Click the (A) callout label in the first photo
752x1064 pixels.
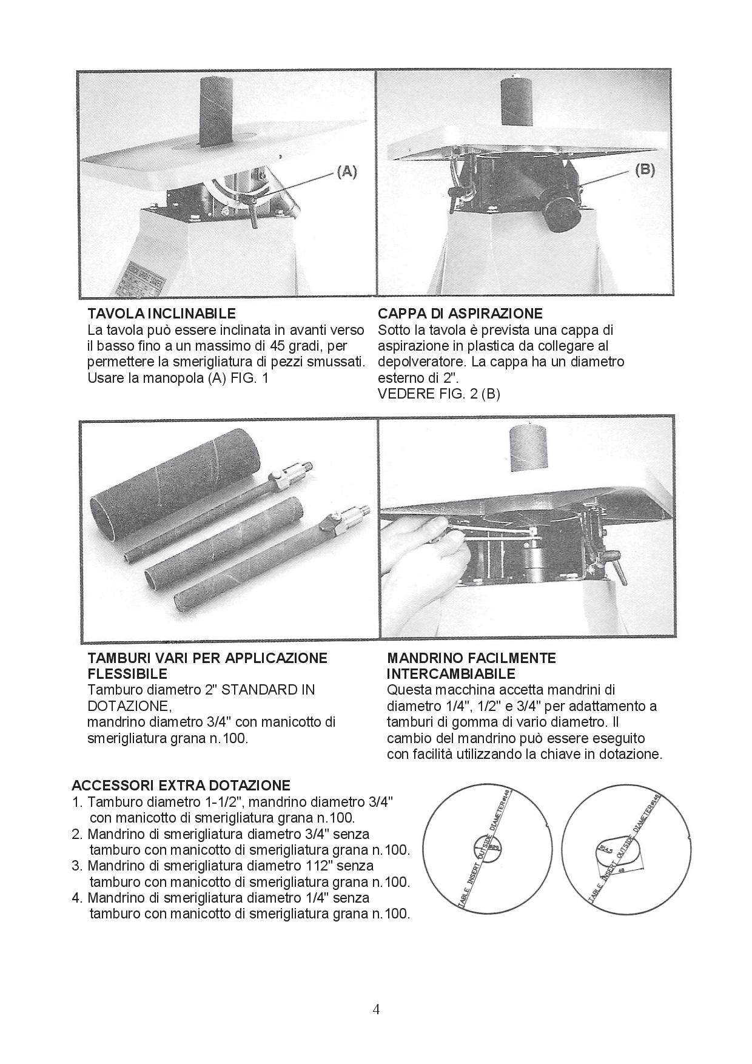(x=346, y=172)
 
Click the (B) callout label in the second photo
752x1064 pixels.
(x=645, y=170)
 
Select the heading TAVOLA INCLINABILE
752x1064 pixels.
(x=161, y=314)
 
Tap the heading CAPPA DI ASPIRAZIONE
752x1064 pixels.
(x=460, y=314)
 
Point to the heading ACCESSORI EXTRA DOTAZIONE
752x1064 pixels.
(x=181, y=786)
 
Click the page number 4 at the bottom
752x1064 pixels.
(x=376, y=1009)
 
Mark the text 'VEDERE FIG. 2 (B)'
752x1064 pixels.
(x=438, y=394)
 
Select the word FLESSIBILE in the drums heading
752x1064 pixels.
(x=127, y=674)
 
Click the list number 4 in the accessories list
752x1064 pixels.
(x=76, y=898)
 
